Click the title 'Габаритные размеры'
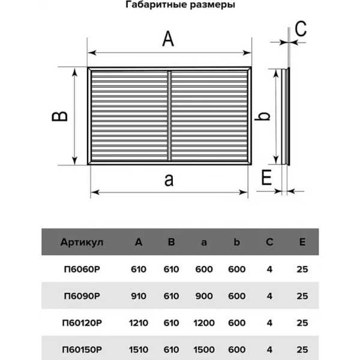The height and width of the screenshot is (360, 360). (180, 5)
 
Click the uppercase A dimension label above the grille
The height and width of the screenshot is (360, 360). (168, 39)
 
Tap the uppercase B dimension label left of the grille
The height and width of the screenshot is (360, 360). (59, 116)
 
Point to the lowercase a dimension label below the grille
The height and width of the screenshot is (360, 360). (169, 180)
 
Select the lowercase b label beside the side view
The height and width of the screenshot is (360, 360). (262, 116)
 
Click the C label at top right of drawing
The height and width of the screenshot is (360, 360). (301, 29)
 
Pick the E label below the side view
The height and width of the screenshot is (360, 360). (266, 177)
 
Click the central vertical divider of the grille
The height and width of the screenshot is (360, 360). (169, 116)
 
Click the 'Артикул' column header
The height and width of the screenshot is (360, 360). (82, 242)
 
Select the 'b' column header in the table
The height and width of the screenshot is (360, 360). (237, 242)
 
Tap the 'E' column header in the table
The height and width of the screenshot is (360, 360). (302, 242)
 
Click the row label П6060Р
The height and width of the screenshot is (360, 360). (82, 269)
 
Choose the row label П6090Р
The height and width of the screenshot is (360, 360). (82, 296)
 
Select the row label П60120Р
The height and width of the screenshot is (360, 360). (82, 323)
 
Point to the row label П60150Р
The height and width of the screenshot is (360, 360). (82, 350)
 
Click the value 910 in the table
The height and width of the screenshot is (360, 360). (139, 296)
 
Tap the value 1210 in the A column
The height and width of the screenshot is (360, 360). (139, 323)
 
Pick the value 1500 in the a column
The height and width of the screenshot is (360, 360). (204, 350)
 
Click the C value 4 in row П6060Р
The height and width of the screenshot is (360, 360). (269, 269)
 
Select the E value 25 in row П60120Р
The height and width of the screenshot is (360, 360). (302, 323)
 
